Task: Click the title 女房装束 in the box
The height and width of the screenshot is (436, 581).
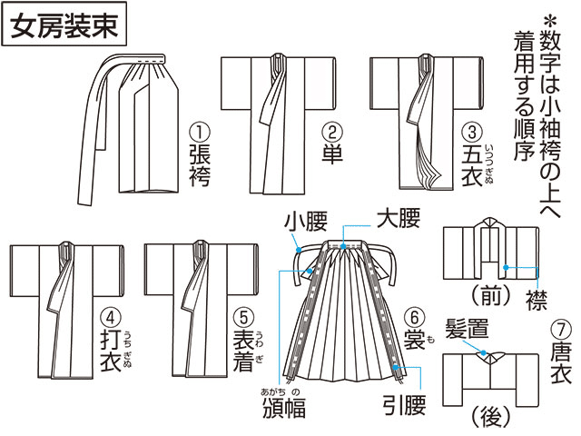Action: tap(64, 26)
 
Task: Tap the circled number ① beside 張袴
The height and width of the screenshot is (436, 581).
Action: tap(200, 132)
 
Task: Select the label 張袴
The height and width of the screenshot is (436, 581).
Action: tap(200, 165)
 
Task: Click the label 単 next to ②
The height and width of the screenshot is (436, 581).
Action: tap(332, 154)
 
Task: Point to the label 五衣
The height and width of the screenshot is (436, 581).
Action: tap(472, 165)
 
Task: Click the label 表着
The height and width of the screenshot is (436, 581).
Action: tap(243, 351)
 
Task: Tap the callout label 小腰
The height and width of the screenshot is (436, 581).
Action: tap(306, 222)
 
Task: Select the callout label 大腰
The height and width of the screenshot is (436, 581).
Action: tap(399, 218)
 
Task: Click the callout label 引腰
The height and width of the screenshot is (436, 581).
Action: tap(404, 405)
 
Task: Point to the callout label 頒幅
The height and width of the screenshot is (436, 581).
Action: tap(284, 408)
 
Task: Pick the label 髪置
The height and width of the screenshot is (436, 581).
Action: tap(468, 329)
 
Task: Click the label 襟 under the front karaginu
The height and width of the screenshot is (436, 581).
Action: tap(537, 300)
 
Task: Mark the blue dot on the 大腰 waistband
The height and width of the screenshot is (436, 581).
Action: tap(343, 246)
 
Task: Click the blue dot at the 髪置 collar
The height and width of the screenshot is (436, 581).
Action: tap(483, 352)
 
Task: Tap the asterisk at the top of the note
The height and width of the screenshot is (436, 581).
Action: tap(550, 21)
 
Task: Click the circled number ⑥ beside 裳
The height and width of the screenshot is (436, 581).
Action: tap(414, 318)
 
